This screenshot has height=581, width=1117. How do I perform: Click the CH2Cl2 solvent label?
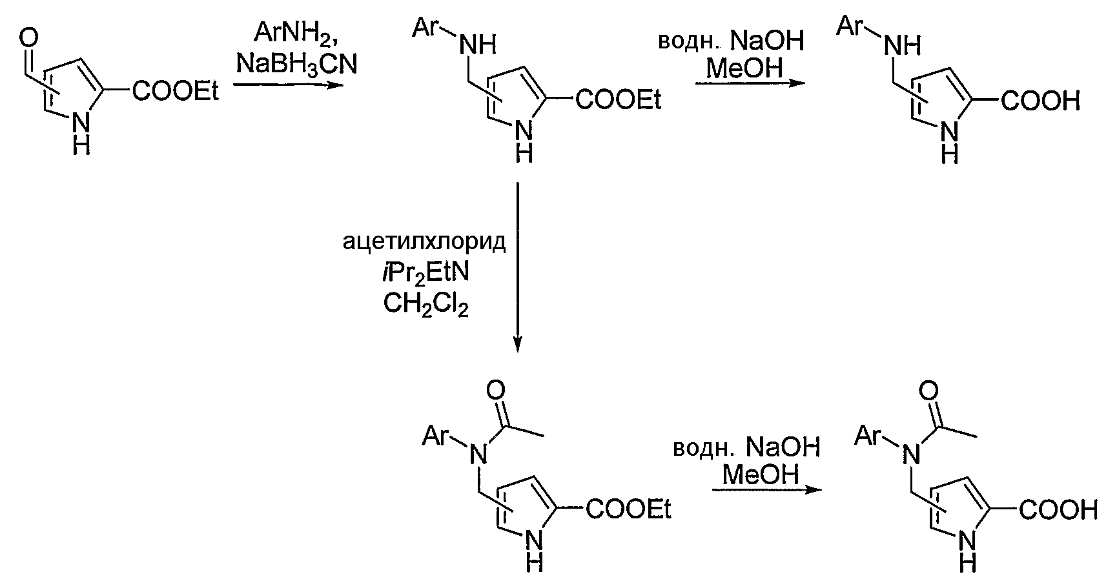point(426,304)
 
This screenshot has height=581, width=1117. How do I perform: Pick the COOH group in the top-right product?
point(1040,101)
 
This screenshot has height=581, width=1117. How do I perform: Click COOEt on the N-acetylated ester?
point(628,510)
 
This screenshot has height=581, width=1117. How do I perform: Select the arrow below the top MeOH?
point(752,83)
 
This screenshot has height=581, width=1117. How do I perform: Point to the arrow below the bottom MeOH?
point(768,489)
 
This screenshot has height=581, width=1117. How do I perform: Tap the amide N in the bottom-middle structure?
point(478,456)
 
